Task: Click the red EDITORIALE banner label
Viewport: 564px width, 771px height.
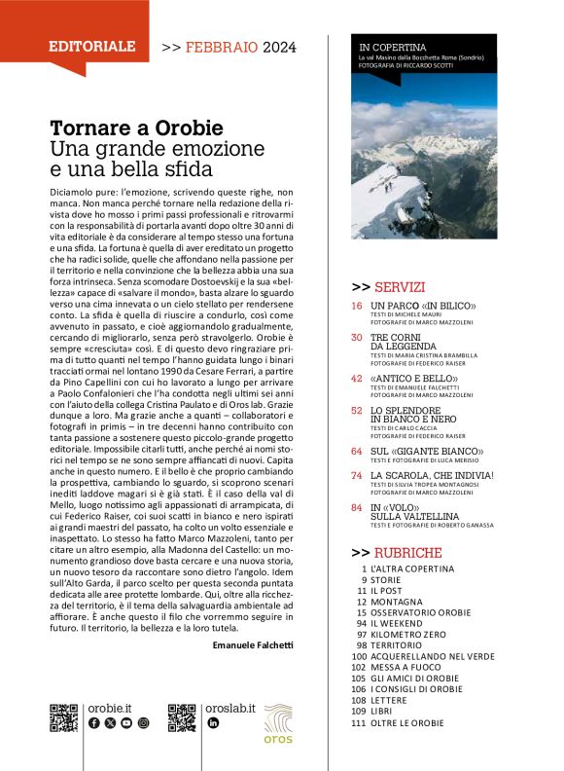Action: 92,46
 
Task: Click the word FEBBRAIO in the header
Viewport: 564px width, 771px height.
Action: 223,46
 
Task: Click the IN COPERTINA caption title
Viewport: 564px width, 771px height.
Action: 393,47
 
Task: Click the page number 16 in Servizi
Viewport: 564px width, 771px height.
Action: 357,307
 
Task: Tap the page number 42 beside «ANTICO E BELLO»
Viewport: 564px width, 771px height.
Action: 357,378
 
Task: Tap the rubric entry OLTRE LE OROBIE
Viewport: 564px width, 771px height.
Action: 406,723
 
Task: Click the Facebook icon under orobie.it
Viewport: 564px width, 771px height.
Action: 93,723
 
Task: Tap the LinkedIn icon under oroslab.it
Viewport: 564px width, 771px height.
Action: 214,723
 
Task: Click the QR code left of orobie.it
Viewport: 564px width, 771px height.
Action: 63,716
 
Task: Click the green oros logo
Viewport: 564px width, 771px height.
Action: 278,722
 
